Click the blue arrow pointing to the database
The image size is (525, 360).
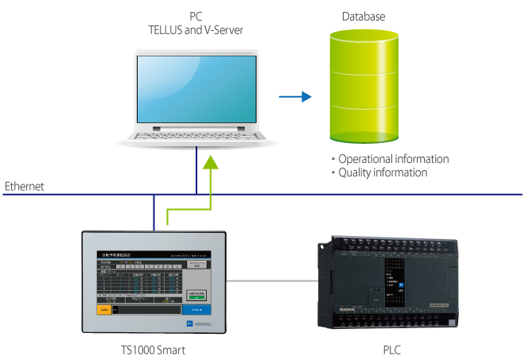(x=294, y=97)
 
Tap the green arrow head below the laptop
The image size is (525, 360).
(x=209, y=163)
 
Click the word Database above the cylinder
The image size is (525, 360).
(x=364, y=16)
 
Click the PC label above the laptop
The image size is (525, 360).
(x=196, y=16)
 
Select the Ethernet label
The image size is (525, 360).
(x=25, y=187)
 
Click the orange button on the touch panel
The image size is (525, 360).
(x=104, y=309)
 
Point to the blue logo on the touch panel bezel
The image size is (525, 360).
(x=189, y=324)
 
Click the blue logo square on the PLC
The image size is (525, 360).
(x=401, y=285)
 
